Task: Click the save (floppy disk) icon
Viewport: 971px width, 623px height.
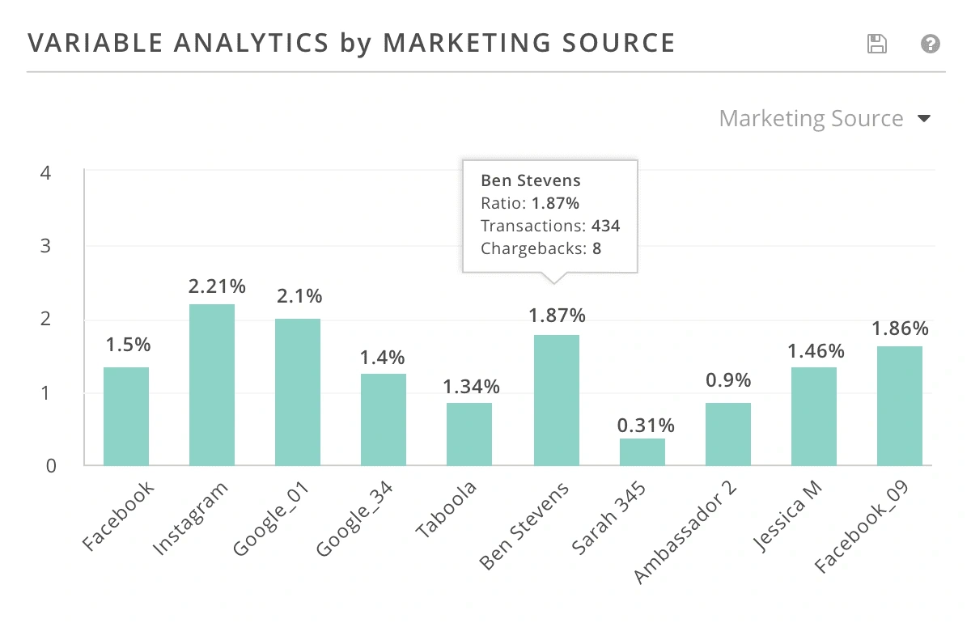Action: coord(876,44)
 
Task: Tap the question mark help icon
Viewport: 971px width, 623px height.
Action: coord(931,44)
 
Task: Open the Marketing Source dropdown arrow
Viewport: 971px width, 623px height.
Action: coord(924,119)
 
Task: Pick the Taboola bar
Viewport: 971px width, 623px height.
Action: coord(469,434)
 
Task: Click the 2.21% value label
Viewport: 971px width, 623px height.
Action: coord(217,286)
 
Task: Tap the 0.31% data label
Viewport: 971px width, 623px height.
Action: coord(647,425)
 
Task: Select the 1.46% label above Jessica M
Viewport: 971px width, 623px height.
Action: coord(816,351)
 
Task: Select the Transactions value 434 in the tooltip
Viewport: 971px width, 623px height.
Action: coord(605,226)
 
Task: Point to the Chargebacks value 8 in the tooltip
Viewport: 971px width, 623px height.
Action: coord(596,248)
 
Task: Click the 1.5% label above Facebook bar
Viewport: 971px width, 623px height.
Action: coord(129,345)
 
